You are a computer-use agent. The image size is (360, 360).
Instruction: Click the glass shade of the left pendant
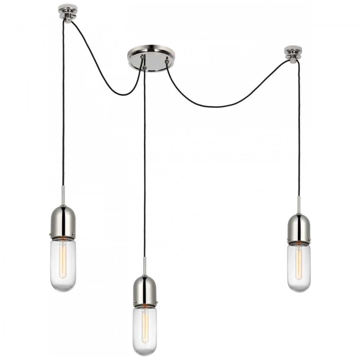63,263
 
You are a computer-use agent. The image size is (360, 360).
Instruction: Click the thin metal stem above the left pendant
63,196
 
